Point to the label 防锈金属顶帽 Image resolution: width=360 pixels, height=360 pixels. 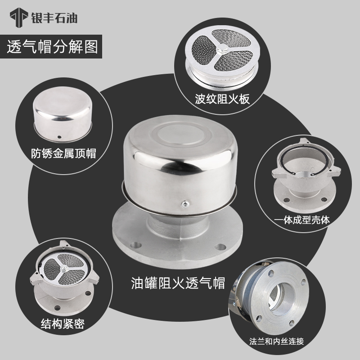tap(64, 153)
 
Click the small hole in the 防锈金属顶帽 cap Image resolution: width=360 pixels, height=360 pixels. tap(59, 134)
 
